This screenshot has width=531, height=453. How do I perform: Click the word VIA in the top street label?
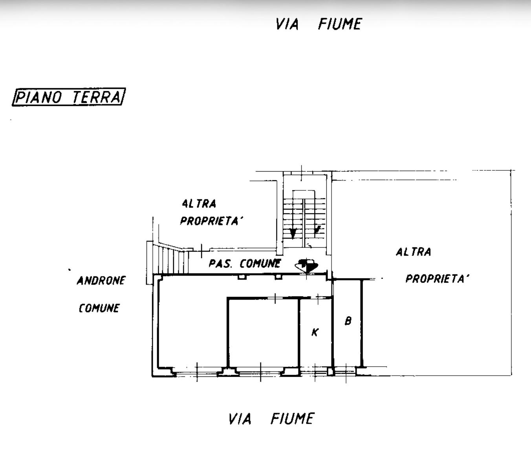point(287,24)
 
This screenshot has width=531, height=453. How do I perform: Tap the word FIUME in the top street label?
point(340,24)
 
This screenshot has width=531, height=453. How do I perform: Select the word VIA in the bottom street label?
point(240,419)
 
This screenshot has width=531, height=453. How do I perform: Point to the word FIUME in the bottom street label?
point(292,419)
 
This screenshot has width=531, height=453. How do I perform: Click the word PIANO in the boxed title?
point(38,97)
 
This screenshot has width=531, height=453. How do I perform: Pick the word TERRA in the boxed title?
point(96,97)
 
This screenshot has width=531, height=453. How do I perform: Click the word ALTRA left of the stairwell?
point(199,204)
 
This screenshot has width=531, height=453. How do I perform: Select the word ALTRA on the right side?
point(413,252)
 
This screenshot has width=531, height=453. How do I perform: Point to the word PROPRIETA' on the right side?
point(437,279)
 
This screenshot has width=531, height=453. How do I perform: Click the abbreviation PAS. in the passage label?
point(220,263)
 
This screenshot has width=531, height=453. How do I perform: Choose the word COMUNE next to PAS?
point(260,263)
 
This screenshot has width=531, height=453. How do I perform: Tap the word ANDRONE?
point(101,281)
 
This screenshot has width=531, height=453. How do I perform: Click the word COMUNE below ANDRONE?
point(99,308)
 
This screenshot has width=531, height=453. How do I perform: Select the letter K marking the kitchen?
point(315,332)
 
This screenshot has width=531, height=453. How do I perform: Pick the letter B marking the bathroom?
point(348,321)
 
